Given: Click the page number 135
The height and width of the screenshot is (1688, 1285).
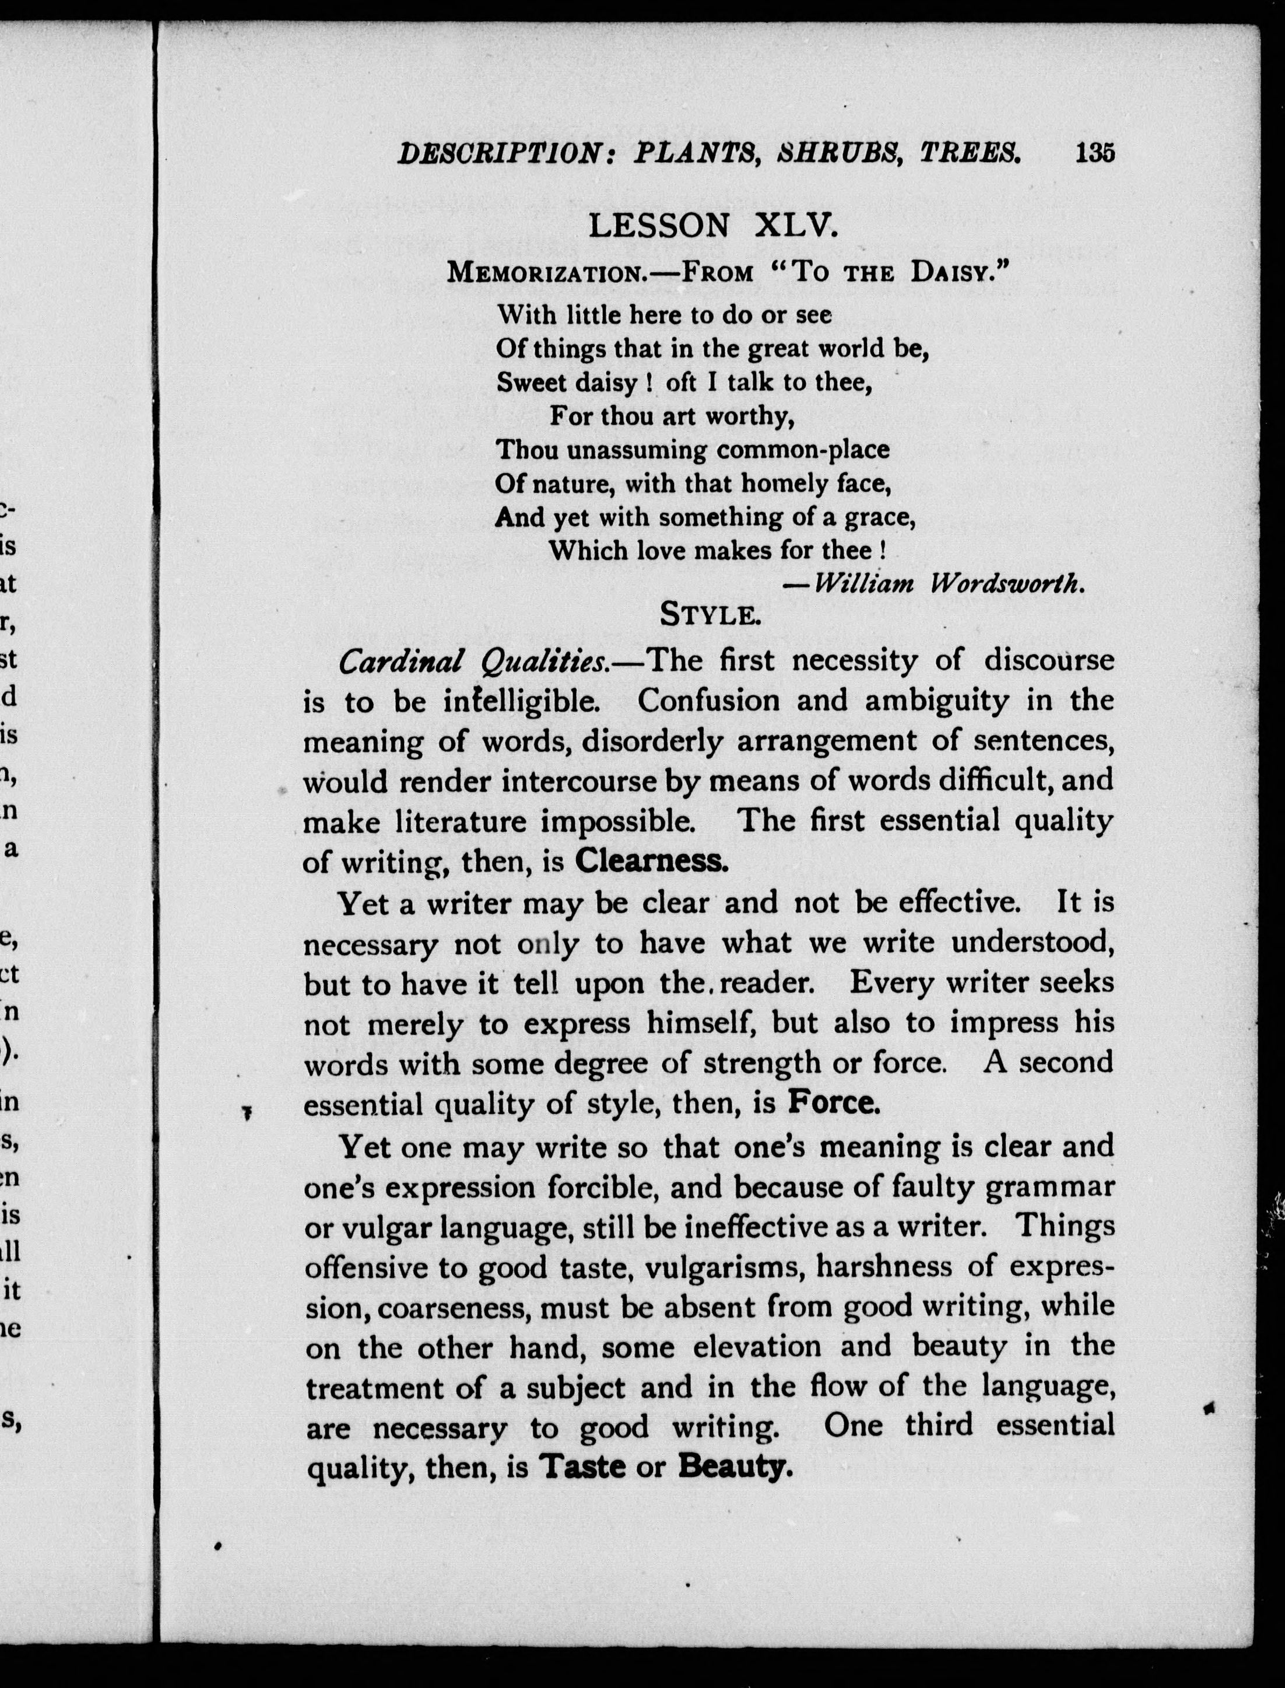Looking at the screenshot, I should [x=1096, y=154].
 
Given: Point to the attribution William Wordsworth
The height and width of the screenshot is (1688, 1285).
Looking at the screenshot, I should [x=949, y=584].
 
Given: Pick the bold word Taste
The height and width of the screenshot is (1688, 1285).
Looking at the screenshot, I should [x=584, y=1468].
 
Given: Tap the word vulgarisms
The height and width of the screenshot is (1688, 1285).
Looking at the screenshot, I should [x=725, y=1269].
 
